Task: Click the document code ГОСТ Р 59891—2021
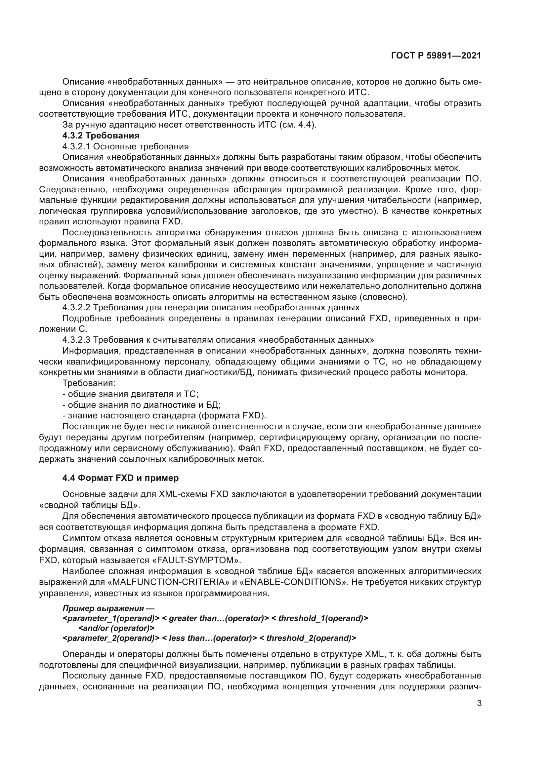(x=436, y=56)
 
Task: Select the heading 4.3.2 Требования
(x=101, y=136)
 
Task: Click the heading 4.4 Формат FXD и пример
(x=121, y=478)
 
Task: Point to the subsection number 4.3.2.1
(x=76, y=146)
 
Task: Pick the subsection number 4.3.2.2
(x=76, y=307)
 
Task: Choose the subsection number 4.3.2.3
(x=76, y=340)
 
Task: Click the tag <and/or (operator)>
(x=116, y=628)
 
